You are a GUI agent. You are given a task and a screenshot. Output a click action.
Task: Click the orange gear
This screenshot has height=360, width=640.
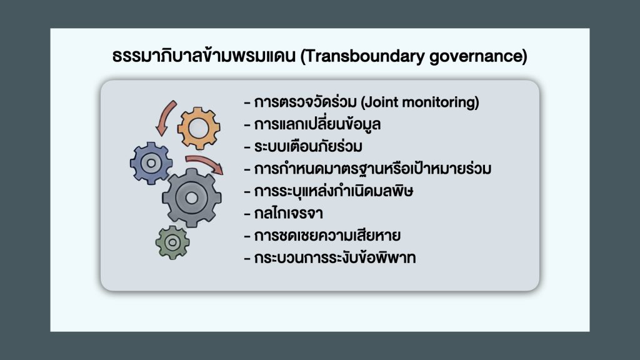tap(199, 128)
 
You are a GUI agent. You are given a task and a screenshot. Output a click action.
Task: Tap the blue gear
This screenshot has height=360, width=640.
tap(151, 163)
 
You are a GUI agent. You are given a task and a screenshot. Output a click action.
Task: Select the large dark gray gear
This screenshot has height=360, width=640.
tap(192, 198)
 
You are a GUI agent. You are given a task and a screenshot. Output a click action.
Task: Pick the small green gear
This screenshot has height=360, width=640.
tap(172, 242)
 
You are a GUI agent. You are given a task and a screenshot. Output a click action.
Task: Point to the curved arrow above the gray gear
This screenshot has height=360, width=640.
tap(205, 162)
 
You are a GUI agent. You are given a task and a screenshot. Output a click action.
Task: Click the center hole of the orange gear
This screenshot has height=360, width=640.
tap(199, 128)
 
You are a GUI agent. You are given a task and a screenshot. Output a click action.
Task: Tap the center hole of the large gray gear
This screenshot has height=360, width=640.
tap(192, 198)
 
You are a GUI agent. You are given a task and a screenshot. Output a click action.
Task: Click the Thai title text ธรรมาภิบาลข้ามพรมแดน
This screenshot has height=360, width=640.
tap(204, 56)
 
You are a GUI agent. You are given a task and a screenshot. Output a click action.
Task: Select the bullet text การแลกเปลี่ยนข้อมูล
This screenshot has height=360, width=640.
tap(317, 124)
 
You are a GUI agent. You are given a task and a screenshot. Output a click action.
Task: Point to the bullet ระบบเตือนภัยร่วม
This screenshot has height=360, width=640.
tap(308, 146)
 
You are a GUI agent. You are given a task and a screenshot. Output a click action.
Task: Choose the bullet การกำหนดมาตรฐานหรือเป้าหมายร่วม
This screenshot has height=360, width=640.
tap(372, 169)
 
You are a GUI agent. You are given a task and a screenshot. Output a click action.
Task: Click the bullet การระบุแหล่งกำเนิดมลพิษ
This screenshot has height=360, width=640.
tap(334, 191)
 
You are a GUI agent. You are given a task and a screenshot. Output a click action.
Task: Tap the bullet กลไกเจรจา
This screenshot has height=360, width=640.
tap(289, 213)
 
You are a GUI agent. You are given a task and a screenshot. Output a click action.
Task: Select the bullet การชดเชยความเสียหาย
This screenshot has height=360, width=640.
tap(327, 236)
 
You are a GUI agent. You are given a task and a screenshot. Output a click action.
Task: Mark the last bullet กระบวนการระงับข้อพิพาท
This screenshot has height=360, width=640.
tap(335, 258)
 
